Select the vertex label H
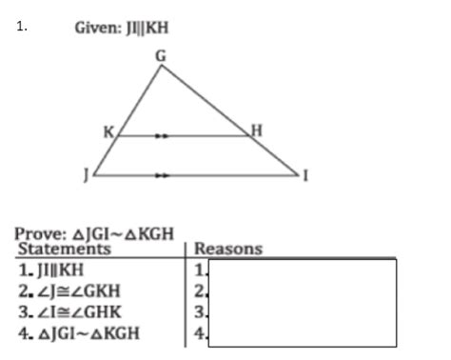(x=254, y=130)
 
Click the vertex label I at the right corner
(x=305, y=176)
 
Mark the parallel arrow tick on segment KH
(x=163, y=136)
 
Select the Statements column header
(x=65, y=250)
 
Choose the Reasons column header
(x=228, y=250)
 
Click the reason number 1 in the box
(x=199, y=270)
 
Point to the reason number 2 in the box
(x=199, y=290)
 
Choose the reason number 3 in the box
(x=199, y=311)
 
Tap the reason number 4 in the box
(x=199, y=332)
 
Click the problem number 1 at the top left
(x=20, y=27)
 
